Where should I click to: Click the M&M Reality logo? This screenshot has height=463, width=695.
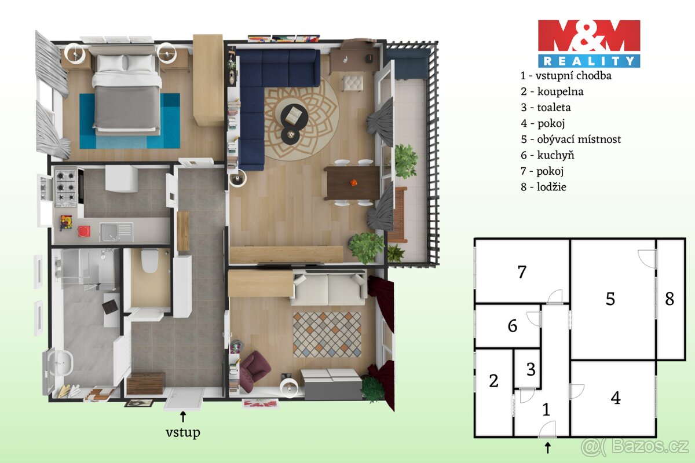(x=589, y=43)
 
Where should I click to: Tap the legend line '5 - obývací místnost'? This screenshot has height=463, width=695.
(x=570, y=139)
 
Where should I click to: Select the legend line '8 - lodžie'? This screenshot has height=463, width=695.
(x=543, y=187)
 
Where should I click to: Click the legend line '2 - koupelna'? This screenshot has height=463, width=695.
(x=551, y=91)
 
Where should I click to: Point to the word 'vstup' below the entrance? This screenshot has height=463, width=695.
(x=183, y=432)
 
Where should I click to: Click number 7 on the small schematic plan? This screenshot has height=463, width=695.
(x=522, y=271)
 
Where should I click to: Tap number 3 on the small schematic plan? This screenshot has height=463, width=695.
(x=531, y=369)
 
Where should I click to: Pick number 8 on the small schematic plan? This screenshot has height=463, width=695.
(x=670, y=299)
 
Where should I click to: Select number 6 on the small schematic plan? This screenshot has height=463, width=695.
(x=513, y=326)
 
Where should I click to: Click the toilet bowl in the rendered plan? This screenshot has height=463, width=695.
(x=150, y=261)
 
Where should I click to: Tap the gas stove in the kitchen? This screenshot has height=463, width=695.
(x=65, y=186)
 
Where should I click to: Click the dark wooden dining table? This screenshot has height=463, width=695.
(x=352, y=183)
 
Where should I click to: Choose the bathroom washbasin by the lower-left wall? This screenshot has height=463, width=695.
(x=61, y=363)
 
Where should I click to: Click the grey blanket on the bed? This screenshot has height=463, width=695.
(x=126, y=107)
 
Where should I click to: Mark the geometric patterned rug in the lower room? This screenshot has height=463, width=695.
(x=326, y=335)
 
